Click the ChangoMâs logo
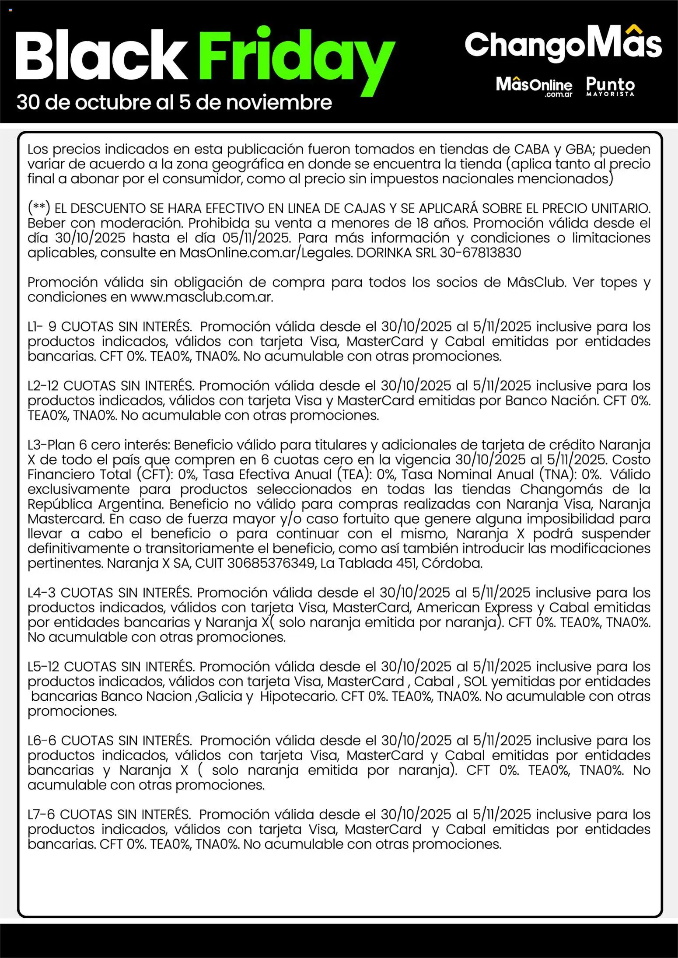(563, 44)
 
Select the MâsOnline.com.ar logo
(534, 86)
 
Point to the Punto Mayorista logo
(610, 86)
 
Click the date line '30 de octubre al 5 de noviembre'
(174, 103)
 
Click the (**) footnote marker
(39, 208)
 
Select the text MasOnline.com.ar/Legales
(266, 253)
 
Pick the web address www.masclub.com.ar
(202, 297)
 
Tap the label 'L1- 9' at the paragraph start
(42, 327)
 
